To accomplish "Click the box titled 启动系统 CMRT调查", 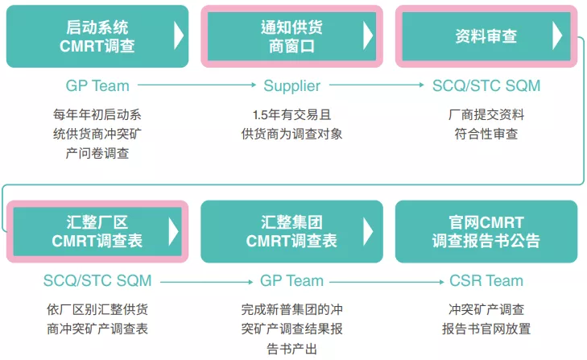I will pos(97,36).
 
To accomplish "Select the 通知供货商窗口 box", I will pos(291,36).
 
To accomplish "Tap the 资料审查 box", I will pos(486,36).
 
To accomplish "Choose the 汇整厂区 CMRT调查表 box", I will pos(97,231).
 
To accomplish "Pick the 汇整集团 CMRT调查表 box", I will pos(291,231).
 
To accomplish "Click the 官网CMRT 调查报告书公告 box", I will pos(486,231).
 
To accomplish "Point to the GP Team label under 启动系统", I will pos(97,85).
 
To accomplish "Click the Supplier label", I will pos(291,85).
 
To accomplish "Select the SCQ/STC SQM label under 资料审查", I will pos(486,85).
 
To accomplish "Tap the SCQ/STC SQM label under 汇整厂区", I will pos(97,280).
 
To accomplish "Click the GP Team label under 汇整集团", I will pos(291,280).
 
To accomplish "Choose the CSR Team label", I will pos(486,280).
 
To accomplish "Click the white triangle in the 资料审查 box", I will pos(556,36).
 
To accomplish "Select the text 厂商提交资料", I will pos(486,114).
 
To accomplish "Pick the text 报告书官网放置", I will pos(486,329).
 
